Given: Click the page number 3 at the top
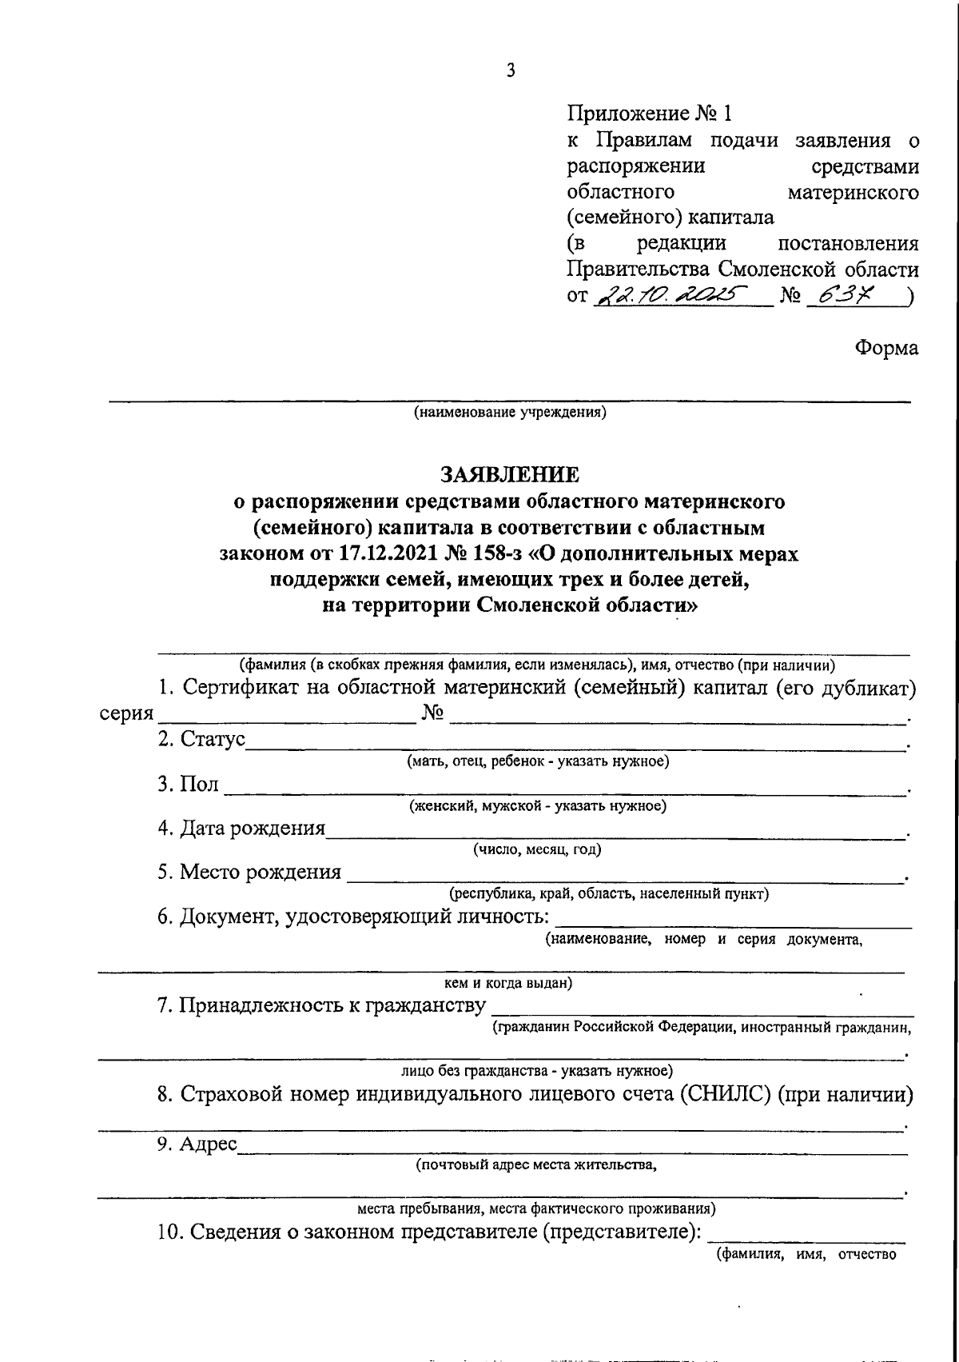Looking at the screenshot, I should pyautogui.click(x=511, y=71).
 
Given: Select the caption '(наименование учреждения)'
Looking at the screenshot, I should pyautogui.click(x=510, y=413).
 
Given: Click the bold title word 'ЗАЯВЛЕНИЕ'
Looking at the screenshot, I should pyautogui.click(x=510, y=475).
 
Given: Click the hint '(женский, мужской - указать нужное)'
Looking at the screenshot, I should pyautogui.click(x=538, y=805).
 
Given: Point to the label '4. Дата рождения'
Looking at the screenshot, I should pyautogui.click(x=241, y=828).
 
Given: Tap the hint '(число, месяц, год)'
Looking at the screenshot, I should pyautogui.click(x=537, y=849).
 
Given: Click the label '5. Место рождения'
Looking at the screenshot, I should pyautogui.click(x=249, y=872).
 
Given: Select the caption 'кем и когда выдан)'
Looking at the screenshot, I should pyautogui.click(x=507, y=983).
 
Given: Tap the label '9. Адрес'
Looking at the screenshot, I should pyautogui.click(x=197, y=1144).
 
